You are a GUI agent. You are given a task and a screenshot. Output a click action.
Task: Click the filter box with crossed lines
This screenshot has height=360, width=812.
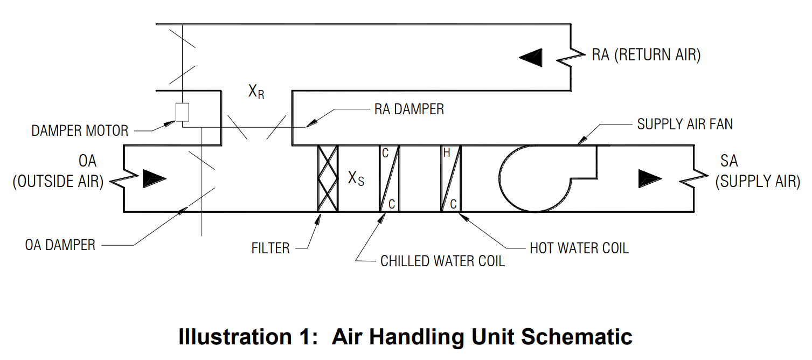[328, 178]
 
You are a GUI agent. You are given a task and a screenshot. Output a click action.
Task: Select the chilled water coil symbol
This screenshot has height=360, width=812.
[389, 178]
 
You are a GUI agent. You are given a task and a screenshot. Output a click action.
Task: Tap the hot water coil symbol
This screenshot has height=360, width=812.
[451, 178]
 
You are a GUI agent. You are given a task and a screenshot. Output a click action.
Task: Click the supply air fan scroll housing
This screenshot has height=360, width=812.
[539, 178]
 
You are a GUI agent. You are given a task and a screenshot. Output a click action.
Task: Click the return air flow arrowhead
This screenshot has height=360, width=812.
[530, 57]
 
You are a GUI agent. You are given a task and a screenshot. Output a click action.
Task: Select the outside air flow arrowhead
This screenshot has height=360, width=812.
[154, 178]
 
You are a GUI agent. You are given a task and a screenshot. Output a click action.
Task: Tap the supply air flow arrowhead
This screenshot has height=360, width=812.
[649, 178]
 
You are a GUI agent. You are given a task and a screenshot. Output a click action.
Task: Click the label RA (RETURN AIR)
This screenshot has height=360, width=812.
[646, 55]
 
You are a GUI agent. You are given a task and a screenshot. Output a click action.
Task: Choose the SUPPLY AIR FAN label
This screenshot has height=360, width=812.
[685, 124]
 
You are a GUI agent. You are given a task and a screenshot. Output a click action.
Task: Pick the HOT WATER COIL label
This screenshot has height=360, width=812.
[579, 248]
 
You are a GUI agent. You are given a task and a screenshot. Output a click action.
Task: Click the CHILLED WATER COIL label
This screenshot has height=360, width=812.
[442, 261]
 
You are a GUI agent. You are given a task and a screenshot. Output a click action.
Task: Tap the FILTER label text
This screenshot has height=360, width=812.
[270, 248]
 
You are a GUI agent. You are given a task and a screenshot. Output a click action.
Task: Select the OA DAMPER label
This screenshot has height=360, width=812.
[60, 245]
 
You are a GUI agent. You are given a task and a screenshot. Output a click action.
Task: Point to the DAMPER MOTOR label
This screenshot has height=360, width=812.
[80, 131]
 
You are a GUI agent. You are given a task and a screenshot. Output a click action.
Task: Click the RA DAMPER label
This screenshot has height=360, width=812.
[409, 109]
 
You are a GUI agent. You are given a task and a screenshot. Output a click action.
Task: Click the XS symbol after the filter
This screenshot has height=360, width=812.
[356, 178]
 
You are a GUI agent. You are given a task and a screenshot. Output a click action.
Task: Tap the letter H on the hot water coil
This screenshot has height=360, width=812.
[447, 154]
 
